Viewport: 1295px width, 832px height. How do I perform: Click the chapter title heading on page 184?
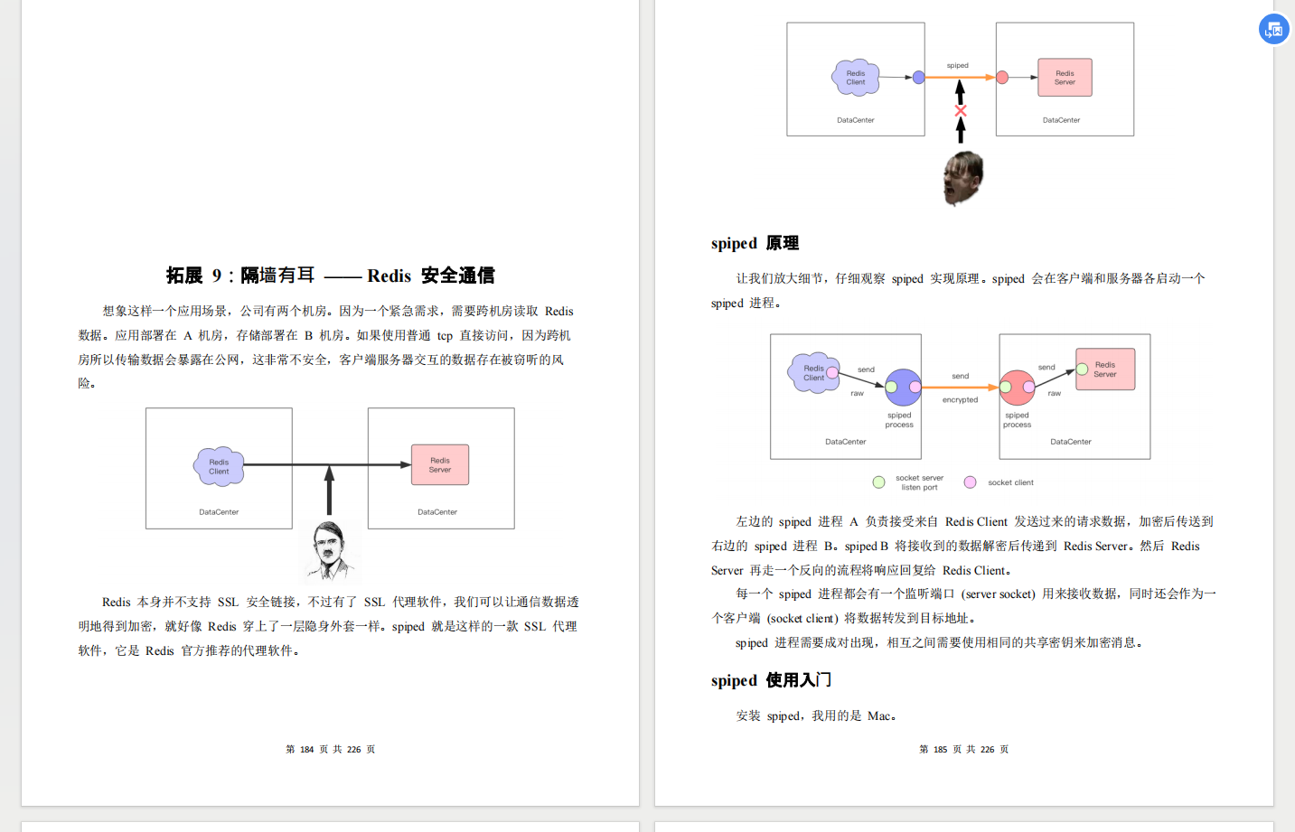pyautogui.click(x=330, y=276)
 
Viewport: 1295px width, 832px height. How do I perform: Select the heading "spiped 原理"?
pyautogui.click(x=755, y=243)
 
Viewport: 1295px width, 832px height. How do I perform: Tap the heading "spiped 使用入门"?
pyautogui.click(x=771, y=680)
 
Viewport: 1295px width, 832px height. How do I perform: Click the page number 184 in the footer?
pyautogui.click(x=307, y=750)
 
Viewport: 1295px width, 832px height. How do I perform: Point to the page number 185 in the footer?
pyautogui.click(x=941, y=750)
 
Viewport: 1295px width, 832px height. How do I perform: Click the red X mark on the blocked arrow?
pyautogui.click(x=961, y=111)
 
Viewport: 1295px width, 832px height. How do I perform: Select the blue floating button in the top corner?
pyautogui.click(x=1274, y=29)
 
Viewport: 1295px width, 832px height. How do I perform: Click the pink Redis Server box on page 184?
pyautogui.click(x=440, y=465)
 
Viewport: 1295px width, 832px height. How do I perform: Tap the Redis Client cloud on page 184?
pyautogui.click(x=219, y=466)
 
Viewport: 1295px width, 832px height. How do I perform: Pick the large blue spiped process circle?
pyautogui.click(x=903, y=388)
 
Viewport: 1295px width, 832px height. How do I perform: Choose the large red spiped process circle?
pyautogui.click(x=1017, y=388)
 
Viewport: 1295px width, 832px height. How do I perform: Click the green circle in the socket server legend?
pyautogui.click(x=878, y=482)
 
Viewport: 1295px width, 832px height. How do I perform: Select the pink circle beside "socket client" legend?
pyautogui.click(x=970, y=482)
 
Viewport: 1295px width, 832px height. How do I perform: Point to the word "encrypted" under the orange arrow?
pyautogui.click(x=960, y=400)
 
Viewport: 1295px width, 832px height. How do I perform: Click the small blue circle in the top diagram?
pyautogui.click(x=918, y=78)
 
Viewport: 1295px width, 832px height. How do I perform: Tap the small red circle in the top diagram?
pyautogui.click(x=1002, y=78)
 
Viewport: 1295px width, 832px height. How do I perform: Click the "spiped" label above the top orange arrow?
pyautogui.click(x=958, y=66)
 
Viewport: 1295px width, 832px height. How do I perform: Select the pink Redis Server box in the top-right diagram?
pyautogui.click(x=1065, y=78)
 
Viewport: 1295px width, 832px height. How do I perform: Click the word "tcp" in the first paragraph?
pyautogui.click(x=445, y=336)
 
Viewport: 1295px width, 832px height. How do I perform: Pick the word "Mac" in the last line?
pyautogui.click(x=879, y=716)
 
